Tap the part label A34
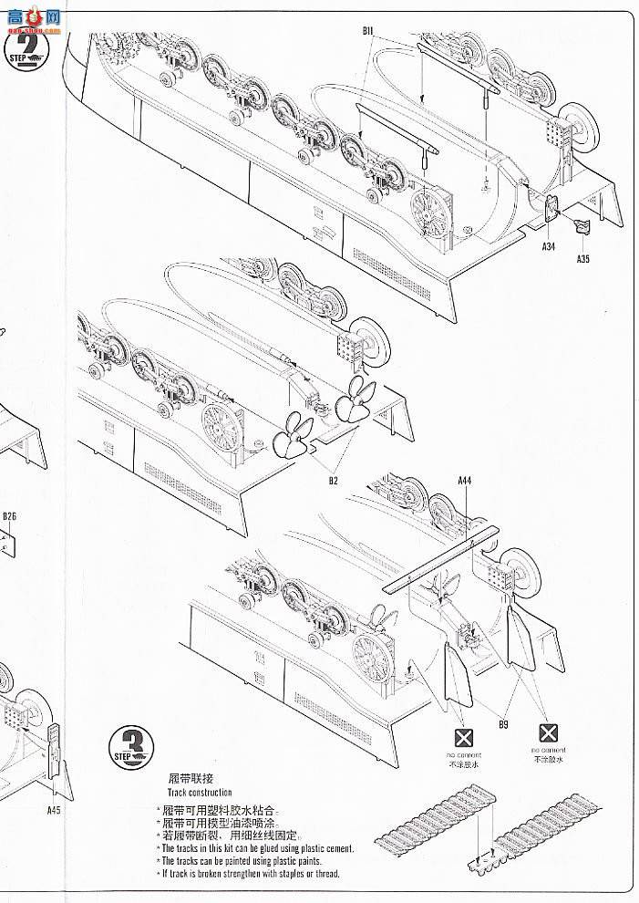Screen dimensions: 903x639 click(548, 246)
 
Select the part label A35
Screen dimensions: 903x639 click(583, 258)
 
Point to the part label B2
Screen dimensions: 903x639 click(334, 480)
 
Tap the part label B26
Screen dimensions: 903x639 click(9, 517)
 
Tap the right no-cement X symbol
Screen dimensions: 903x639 click(547, 732)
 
